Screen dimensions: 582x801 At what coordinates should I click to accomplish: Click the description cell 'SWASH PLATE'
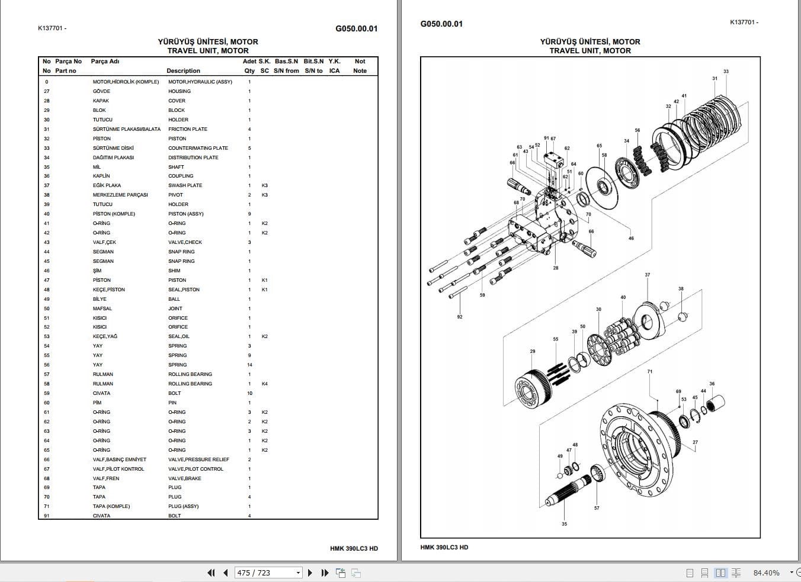(185, 185)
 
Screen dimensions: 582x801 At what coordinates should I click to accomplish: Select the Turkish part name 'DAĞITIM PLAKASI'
(113, 157)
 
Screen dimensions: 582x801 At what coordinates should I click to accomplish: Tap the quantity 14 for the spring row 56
(249, 365)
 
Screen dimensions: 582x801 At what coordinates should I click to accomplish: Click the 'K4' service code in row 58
(265, 384)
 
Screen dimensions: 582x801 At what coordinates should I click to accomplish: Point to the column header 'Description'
(183, 70)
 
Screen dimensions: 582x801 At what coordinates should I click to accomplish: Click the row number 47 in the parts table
(47, 280)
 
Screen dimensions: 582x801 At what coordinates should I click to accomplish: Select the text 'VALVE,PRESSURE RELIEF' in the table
(198, 459)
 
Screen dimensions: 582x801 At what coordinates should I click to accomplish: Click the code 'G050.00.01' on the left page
(356, 28)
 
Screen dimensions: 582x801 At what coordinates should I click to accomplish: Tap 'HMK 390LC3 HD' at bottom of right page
(444, 547)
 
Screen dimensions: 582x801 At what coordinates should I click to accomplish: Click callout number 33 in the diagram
(726, 72)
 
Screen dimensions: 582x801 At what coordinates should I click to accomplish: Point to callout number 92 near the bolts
(460, 317)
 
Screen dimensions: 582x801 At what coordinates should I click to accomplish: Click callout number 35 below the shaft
(564, 523)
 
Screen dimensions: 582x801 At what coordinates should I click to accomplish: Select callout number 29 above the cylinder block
(533, 352)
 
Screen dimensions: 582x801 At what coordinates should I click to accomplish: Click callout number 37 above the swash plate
(647, 275)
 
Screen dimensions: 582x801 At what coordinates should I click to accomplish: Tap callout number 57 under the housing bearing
(597, 508)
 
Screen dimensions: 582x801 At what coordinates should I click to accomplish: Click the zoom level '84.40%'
(766, 573)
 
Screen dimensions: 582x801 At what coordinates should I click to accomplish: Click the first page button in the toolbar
(211, 573)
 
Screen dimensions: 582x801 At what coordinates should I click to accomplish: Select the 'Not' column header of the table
(360, 61)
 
